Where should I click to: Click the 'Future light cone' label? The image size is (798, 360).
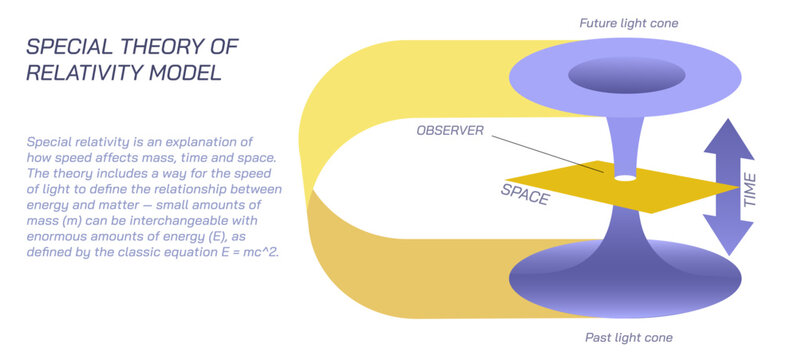tap(627, 22)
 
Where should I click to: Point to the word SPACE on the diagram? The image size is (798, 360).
tap(525, 192)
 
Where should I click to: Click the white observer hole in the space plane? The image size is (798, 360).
tap(626, 179)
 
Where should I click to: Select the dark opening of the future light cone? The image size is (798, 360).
tap(626, 74)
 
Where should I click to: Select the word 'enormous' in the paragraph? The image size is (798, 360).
tap(59, 236)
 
